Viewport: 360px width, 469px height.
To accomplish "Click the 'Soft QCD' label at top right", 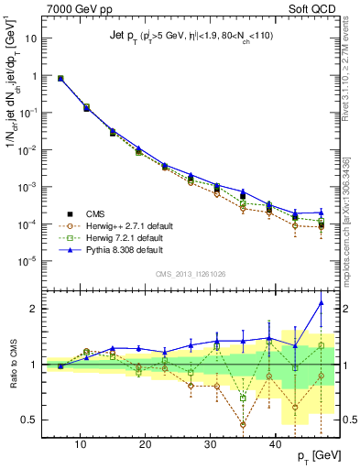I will (312, 10).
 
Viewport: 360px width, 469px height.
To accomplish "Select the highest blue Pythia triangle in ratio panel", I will (321, 303).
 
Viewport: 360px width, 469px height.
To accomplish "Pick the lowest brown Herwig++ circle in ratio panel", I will (243, 424).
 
